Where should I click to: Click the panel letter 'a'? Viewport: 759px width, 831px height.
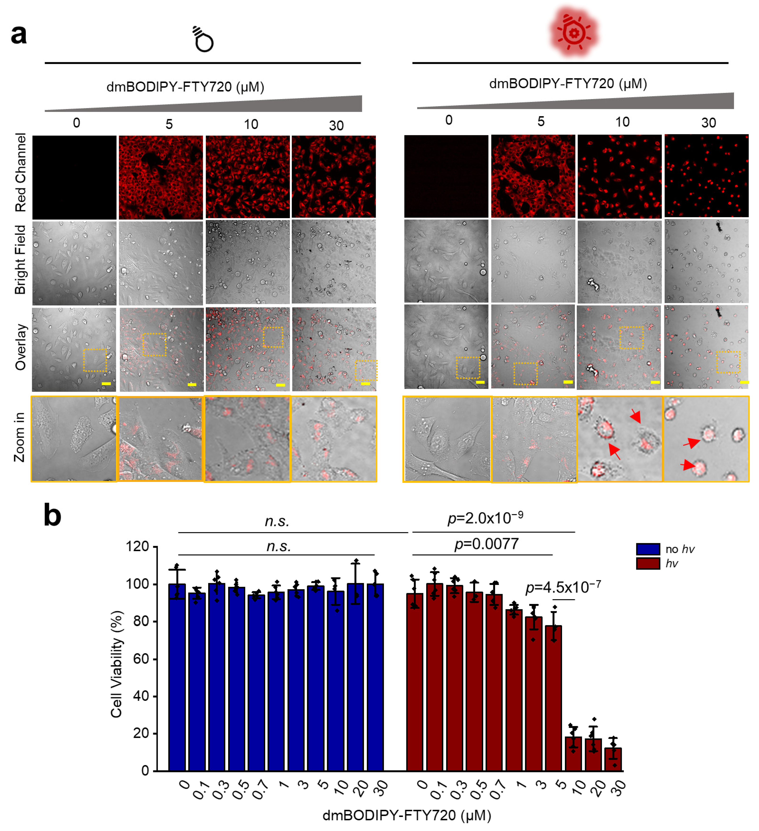pyautogui.click(x=19, y=35)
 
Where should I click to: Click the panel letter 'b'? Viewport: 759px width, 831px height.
pyautogui.click(x=52, y=515)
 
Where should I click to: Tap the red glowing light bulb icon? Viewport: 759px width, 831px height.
pyautogui.click(x=574, y=32)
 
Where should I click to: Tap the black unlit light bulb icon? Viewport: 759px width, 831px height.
pyautogui.click(x=203, y=40)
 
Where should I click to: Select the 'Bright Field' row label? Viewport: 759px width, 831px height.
pyautogui.click(x=21, y=260)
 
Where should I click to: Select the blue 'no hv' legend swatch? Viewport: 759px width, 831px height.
pyautogui.click(x=648, y=549)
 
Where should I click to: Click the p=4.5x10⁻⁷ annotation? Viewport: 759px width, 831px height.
pyautogui.click(x=563, y=587)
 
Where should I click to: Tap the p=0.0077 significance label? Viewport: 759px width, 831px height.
pyautogui.click(x=486, y=544)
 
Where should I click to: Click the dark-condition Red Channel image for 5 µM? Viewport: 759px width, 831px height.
pyautogui.click(x=161, y=177)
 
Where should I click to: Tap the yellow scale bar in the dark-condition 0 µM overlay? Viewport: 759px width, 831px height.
pyautogui.click(x=106, y=384)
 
